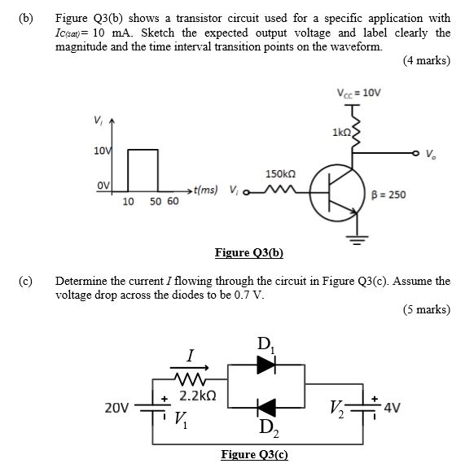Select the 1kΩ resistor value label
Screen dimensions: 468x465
tap(340, 131)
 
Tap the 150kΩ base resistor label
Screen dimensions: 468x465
tap(279, 173)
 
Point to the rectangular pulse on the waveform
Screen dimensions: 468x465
tap(143, 169)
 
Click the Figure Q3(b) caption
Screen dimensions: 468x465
tap(248, 253)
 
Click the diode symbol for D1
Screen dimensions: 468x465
tap(265, 365)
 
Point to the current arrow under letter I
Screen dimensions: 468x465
tap(189, 368)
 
